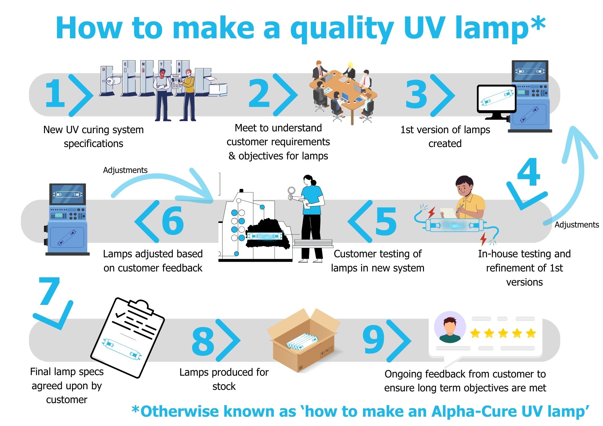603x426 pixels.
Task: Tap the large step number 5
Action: click(x=386, y=221)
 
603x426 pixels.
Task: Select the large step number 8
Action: click(x=203, y=341)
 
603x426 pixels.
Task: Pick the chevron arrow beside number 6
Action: click(x=147, y=221)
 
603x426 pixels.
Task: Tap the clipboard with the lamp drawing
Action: click(x=128, y=337)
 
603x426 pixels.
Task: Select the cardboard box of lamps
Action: click(x=304, y=340)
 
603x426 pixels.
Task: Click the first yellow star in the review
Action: click(x=475, y=333)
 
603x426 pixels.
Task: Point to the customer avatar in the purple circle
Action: click(x=450, y=327)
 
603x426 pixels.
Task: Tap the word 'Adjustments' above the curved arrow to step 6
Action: click(x=125, y=170)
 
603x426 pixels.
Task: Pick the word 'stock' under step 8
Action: click(x=224, y=386)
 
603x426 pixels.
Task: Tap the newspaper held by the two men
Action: click(x=176, y=81)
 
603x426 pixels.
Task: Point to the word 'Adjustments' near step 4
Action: click(x=577, y=225)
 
